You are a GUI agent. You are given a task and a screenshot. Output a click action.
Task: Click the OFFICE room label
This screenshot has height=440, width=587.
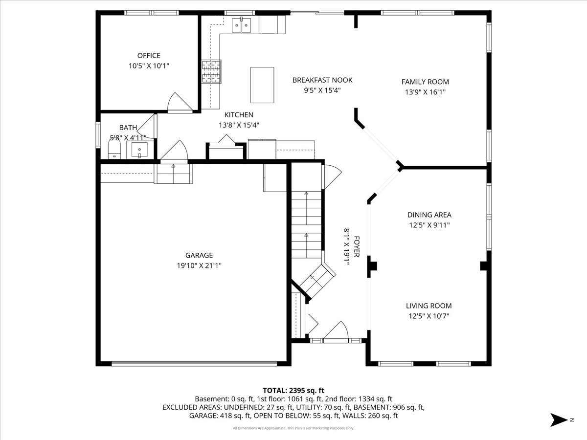pyautogui.click(x=148, y=56)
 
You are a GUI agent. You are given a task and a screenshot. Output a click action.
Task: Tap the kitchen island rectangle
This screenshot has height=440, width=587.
pyautogui.click(x=263, y=85)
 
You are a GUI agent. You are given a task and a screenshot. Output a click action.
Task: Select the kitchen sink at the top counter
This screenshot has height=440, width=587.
pyautogui.click(x=241, y=24)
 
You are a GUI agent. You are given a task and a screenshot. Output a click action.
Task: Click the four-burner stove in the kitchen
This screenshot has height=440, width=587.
pyautogui.click(x=211, y=71)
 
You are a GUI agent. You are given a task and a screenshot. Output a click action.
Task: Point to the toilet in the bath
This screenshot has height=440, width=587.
pyautogui.click(x=114, y=149)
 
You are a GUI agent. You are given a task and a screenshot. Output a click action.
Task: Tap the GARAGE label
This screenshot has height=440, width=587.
pyautogui.click(x=199, y=255)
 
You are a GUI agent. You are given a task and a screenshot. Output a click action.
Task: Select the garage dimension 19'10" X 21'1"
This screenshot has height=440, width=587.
pyautogui.click(x=199, y=265)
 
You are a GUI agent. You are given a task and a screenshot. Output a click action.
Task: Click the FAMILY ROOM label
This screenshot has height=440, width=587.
pyautogui.click(x=425, y=82)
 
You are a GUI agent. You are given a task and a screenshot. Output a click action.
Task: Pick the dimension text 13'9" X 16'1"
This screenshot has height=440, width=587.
pyautogui.click(x=425, y=92)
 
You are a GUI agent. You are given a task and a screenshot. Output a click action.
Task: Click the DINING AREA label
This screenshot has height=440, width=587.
pyautogui.click(x=429, y=215)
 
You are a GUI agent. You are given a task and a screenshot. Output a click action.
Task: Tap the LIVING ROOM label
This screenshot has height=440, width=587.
pyautogui.click(x=429, y=306)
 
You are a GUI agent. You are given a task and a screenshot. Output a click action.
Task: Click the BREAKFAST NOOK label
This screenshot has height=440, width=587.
pyautogui.click(x=322, y=80)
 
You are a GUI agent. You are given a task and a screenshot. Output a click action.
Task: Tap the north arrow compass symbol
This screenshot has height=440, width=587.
pyautogui.click(x=558, y=419)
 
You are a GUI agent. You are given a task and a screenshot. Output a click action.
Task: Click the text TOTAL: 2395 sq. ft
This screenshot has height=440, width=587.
pyautogui.click(x=293, y=390)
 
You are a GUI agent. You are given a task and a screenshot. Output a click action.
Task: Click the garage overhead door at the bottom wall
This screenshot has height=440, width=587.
pyautogui.click(x=194, y=364)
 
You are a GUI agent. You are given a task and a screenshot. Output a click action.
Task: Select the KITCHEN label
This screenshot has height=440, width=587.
pyautogui.click(x=239, y=114)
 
